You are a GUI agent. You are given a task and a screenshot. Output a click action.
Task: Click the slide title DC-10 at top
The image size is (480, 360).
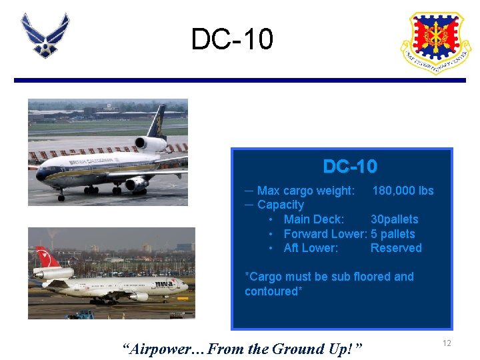point(232,39)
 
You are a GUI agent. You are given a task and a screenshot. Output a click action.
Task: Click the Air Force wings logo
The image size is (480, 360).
point(45,35)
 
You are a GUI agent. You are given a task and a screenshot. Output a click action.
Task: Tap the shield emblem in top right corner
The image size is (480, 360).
point(435,41)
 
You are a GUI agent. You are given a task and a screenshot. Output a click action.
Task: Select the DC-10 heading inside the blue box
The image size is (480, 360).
point(350,166)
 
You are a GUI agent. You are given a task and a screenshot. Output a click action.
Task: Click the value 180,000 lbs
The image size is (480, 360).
point(403,191)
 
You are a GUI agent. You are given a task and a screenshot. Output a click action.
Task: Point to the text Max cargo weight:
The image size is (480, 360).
point(306,191)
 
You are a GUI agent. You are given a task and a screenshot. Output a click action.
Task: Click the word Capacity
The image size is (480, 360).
point(280,205)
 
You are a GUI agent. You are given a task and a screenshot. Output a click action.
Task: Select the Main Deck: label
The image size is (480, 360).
point(313,219)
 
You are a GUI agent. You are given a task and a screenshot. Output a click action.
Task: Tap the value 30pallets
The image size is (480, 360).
point(394,219)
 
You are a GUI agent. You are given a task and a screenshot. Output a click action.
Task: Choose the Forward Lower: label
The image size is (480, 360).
point(325,234)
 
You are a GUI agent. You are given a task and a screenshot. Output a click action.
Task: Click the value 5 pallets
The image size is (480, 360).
point(393,234)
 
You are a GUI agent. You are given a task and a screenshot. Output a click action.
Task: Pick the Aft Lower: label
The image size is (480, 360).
point(311,248)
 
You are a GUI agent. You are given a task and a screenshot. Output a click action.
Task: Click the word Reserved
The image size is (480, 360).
point(396,248)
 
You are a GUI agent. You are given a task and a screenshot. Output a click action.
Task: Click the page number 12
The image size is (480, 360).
point(447,343)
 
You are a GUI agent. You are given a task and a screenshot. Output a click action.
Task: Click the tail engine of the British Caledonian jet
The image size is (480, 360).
point(151,143)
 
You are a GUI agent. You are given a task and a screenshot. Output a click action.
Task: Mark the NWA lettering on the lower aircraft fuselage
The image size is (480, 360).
point(163,283)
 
